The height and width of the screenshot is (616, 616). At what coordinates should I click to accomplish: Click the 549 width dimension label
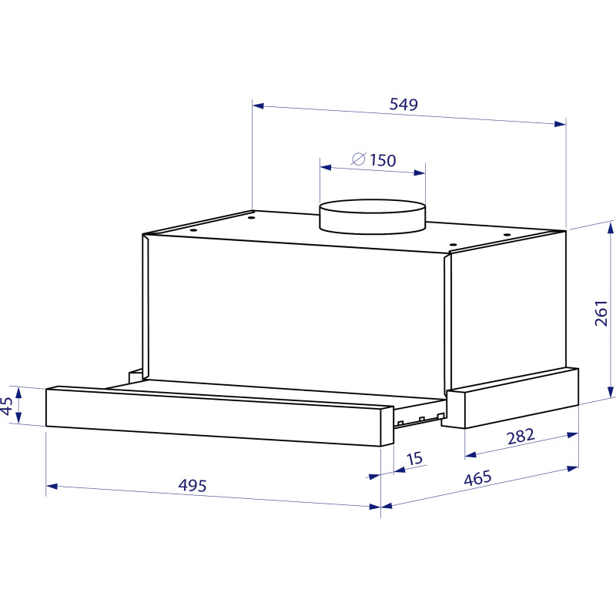tap(403, 104)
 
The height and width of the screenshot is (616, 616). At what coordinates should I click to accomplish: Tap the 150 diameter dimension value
tap(383, 160)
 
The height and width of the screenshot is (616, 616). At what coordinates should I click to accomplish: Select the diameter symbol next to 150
tap(358, 159)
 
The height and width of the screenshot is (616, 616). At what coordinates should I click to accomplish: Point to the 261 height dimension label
tap(601, 313)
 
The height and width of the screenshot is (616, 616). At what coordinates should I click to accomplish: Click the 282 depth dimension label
tap(521, 437)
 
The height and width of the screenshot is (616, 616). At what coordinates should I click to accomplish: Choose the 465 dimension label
tap(477, 478)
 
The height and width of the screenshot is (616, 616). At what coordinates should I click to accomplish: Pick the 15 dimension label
tap(414, 458)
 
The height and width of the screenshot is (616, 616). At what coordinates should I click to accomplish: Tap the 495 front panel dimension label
tap(192, 486)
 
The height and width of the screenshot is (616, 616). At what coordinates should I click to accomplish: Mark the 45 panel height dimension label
tap(7, 406)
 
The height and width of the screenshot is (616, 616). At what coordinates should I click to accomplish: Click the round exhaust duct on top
tap(372, 217)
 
